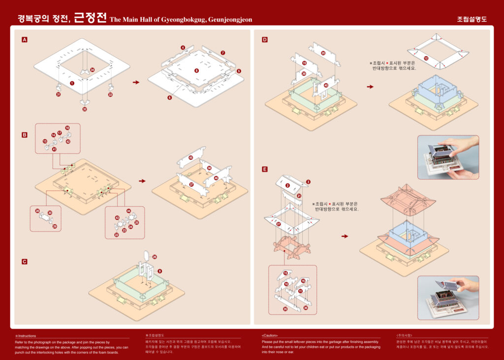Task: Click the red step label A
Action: pyautogui.click(x=25, y=39)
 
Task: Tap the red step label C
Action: pyautogui.click(x=25, y=262)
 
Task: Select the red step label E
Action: pyautogui.click(x=265, y=169)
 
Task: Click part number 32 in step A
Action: pyautogui.click(x=85, y=109)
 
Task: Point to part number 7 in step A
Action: pyautogui.click(x=223, y=53)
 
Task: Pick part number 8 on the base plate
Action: pyautogui.click(x=196, y=71)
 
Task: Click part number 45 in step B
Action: pyautogui.click(x=191, y=158)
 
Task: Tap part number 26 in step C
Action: pyautogui.click(x=155, y=257)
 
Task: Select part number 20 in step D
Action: pyautogui.click(x=323, y=53)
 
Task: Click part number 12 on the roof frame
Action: pyautogui.click(x=426, y=59)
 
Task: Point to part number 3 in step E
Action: pyautogui.click(x=308, y=182)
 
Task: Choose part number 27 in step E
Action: pyautogui.click(x=279, y=224)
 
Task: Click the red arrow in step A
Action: pyautogui.click(x=136, y=82)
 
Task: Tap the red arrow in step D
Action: pyautogui.click(x=370, y=87)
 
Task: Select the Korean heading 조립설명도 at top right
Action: pyautogui.click(x=472, y=20)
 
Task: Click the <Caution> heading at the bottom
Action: pyautogui.click(x=270, y=335)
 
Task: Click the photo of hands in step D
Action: pyautogui.click(x=448, y=157)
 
